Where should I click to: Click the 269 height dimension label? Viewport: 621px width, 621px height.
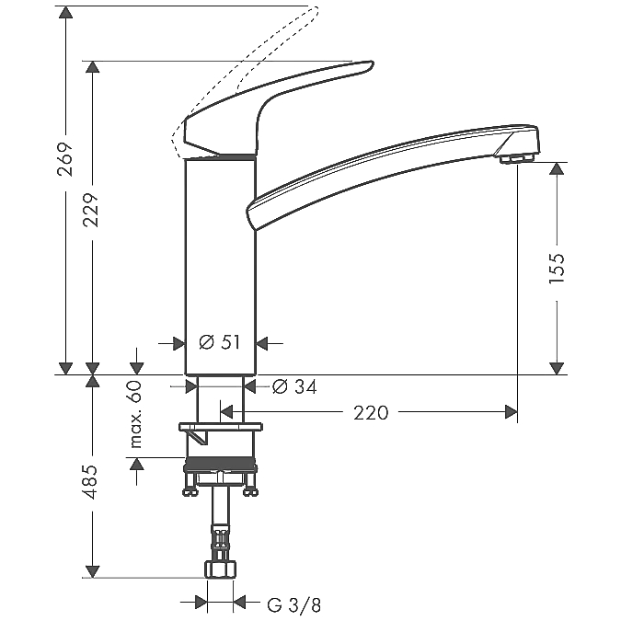[x=65, y=159]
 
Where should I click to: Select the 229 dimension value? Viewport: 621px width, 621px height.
[x=91, y=210]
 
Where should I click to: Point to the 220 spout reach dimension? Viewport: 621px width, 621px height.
[x=371, y=413]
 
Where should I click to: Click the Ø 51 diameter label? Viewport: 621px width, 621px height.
[x=219, y=342]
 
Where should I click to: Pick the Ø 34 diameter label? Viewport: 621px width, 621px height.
[x=294, y=387]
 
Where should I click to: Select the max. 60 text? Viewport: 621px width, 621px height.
[x=136, y=414]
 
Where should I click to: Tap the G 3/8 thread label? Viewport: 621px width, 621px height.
[x=293, y=604]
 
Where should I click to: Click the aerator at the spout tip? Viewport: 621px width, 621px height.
[x=516, y=159]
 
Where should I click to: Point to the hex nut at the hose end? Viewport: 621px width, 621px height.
[x=220, y=569]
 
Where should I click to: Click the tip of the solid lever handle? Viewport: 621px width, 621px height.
[x=371, y=64]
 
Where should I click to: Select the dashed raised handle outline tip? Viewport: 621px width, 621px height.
[x=315, y=10]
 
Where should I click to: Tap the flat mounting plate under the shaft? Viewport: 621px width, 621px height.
[x=221, y=427]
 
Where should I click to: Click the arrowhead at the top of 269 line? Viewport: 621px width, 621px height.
[x=65, y=12]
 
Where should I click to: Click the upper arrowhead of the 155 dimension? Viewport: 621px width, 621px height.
[x=557, y=168]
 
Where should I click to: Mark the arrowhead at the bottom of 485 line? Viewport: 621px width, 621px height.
[x=92, y=571]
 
